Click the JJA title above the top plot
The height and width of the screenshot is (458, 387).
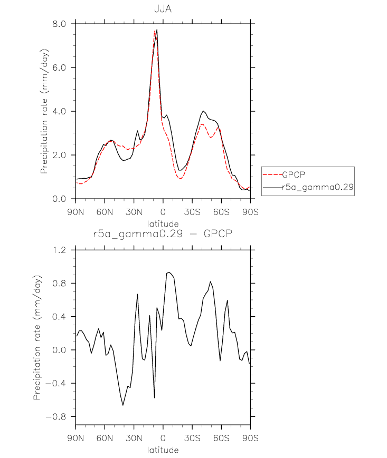pos(163,9)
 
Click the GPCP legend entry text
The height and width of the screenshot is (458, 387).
pos(294,174)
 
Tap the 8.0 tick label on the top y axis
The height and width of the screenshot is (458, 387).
pos(59,24)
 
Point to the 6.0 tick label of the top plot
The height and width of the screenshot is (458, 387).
pos(59,67)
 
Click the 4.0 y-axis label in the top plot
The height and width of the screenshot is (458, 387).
pos(59,111)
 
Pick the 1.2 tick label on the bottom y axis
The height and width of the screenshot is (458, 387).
pos(59,250)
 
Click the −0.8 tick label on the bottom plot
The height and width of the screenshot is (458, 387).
pos(56,416)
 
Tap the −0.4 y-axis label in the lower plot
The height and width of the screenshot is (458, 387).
pos(56,383)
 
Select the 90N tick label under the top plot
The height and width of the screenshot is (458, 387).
pos(75,212)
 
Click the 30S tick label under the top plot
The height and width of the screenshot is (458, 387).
pos(192,212)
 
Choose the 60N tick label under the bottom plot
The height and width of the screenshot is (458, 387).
pos(105,438)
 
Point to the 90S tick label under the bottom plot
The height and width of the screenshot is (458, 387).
pos(250,438)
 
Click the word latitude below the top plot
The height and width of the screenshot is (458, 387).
pos(163,224)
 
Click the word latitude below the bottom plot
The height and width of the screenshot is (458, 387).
pos(163,450)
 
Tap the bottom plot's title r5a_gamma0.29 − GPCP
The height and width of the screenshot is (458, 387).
pos(163,233)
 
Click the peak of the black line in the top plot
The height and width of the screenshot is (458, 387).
pos(157,30)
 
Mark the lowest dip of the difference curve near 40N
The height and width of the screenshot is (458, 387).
pos(123,405)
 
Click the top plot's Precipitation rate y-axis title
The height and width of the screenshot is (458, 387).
pos(44,111)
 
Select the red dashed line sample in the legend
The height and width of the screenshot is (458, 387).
pos(272,174)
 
